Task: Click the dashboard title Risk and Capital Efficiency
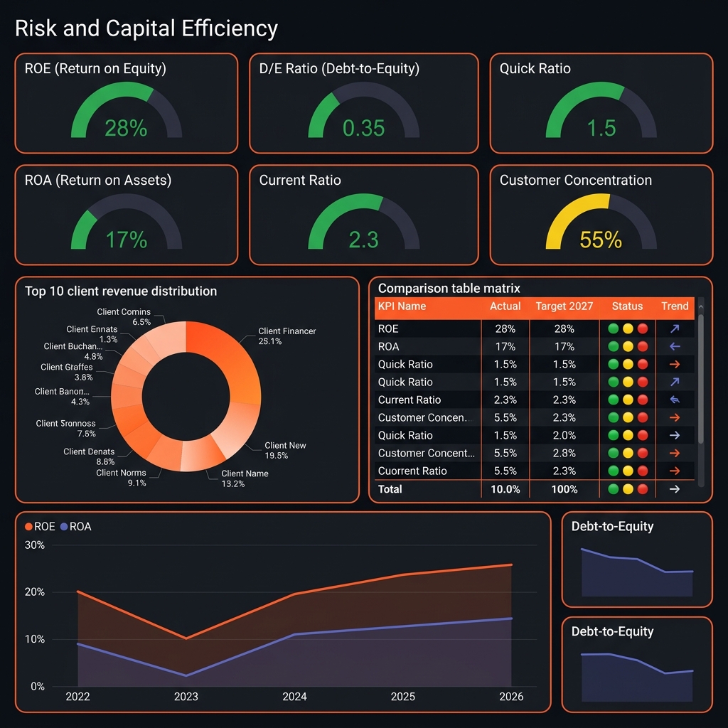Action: (146, 28)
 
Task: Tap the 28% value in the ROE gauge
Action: (126, 128)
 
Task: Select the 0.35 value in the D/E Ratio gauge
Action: (363, 128)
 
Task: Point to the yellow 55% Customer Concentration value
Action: (601, 240)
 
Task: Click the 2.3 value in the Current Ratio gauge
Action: (363, 240)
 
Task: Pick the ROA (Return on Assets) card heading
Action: (98, 180)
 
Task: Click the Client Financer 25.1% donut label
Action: (287, 336)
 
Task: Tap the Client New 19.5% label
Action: (285, 450)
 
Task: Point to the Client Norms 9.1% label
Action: (122, 478)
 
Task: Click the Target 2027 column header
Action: (564, 306)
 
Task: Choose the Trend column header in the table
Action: (675, 306)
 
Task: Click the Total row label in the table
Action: (390, 489)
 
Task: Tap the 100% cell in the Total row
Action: (564, 489)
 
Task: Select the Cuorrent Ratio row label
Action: (412, 471)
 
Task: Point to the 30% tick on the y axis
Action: (35, 545)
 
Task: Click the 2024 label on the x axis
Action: (294, 697)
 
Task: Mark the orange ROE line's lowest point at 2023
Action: (186, 638)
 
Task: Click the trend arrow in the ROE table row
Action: (675, 328)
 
